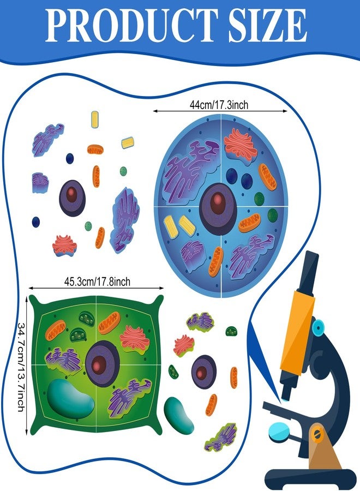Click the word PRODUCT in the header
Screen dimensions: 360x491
tap(131, 25)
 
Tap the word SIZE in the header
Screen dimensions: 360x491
tap(268, 25)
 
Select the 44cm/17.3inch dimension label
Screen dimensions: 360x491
tap(219, 105)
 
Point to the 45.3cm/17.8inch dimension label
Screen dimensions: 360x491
tap(97, 282)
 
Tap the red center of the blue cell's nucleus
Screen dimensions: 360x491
tap(218, 204)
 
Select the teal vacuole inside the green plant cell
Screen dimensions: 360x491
tap(70, 399)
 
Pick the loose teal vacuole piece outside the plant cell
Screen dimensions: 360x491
tap(179, 415)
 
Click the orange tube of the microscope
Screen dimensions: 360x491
tap(297, 332)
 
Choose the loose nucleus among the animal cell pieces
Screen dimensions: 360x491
tap(73, 198)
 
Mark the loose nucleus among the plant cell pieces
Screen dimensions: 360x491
tap(204, 372)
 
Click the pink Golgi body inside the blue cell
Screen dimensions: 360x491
tap(241, 145)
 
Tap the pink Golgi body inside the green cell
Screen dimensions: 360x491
tap(135, 338)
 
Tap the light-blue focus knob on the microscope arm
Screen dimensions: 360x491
tap(319, 328)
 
